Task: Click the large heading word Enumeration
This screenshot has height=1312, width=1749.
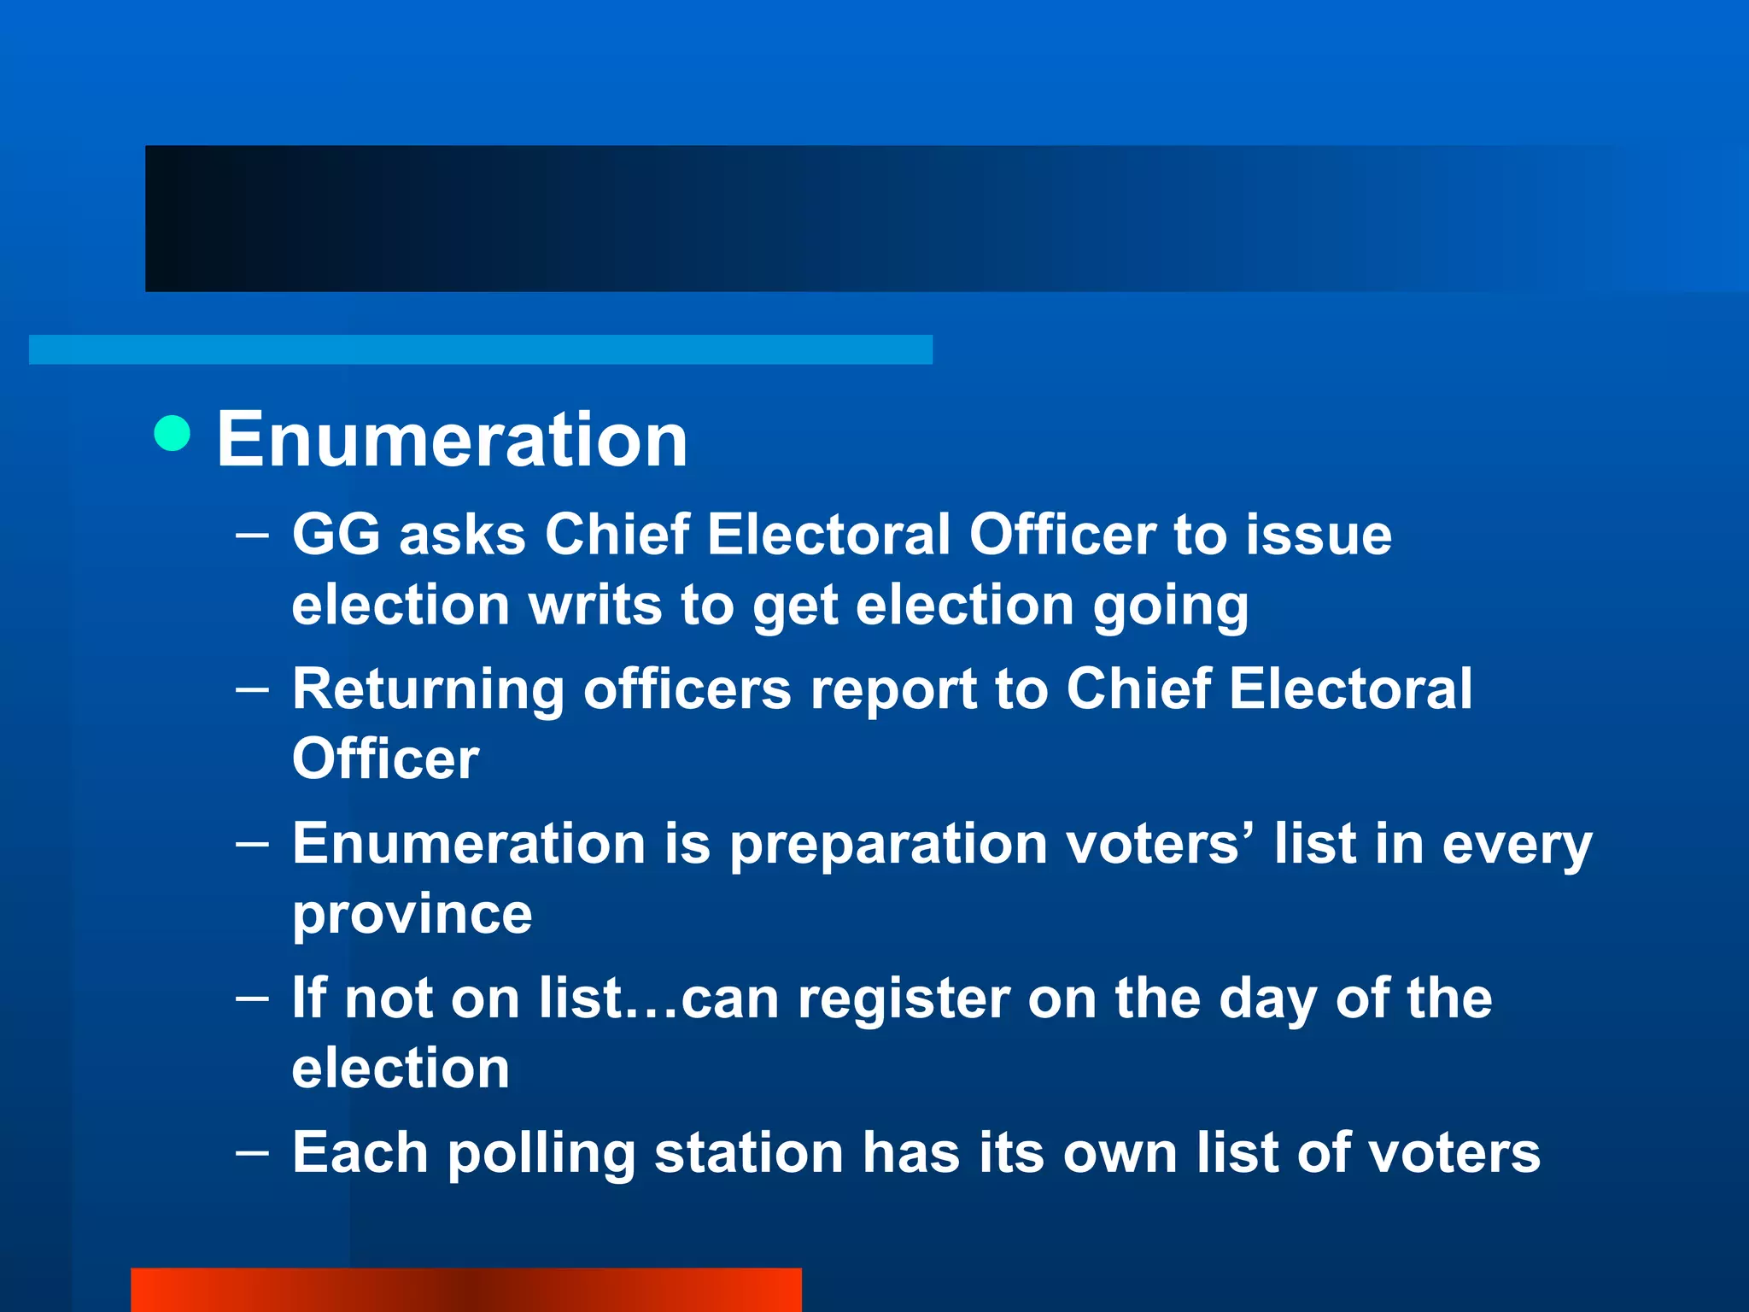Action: [452, 439]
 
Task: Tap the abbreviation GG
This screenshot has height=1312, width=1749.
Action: [336, 535]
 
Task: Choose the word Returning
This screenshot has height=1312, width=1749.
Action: [428, 690]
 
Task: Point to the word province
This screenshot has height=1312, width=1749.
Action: [412, 916]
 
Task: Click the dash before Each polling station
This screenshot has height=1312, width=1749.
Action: [252, 1152]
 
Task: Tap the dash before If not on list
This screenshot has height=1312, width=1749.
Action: [252, 998]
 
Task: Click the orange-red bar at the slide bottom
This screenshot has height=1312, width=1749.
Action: [466, 1290]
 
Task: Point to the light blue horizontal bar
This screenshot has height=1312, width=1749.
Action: [481, 349]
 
